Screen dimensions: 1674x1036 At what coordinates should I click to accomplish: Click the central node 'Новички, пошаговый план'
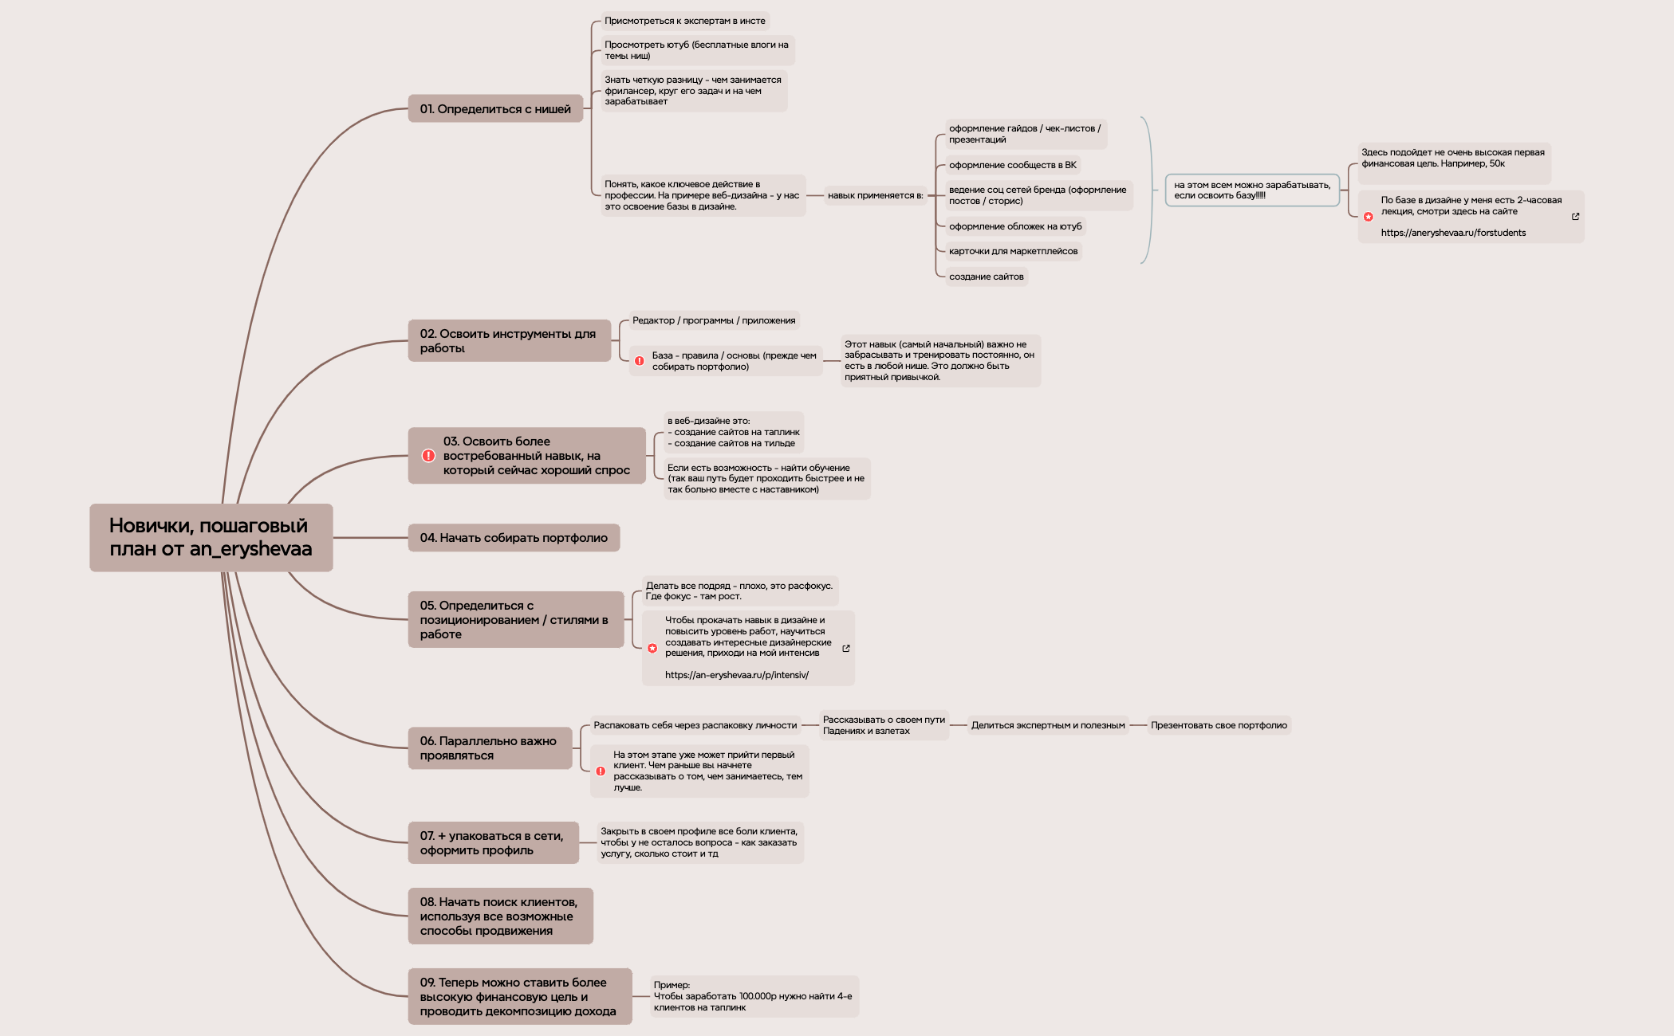211,537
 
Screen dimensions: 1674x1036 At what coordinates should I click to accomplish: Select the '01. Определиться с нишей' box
495,109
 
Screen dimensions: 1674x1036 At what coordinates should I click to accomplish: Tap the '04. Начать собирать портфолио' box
514,538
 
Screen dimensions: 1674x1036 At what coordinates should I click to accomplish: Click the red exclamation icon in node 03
428,456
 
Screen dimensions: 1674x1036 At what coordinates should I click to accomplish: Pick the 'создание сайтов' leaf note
987,277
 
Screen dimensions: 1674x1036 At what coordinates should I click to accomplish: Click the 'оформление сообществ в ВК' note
1013,165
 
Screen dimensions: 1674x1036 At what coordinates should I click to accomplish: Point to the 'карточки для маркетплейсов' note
1014,251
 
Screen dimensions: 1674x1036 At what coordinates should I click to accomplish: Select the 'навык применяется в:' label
875,195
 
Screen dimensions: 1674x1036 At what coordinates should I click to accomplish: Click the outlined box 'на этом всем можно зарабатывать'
1252,190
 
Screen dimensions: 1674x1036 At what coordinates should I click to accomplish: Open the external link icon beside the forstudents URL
1575,217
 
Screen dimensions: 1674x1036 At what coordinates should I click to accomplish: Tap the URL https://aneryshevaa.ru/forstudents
1453,233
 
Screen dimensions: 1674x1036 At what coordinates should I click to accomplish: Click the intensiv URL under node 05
737,675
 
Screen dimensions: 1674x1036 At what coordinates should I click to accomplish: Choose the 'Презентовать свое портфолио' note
1219,725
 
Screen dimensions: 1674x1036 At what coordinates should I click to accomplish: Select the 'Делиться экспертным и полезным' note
1048,725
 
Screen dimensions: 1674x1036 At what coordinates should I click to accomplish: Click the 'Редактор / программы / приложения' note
714,320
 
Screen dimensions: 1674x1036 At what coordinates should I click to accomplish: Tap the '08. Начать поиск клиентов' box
501,916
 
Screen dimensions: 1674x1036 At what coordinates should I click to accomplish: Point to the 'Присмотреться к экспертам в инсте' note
685,21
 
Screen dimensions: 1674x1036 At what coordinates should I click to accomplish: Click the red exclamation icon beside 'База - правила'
640,361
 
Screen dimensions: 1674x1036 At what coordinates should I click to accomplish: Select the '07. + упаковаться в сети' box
494,843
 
